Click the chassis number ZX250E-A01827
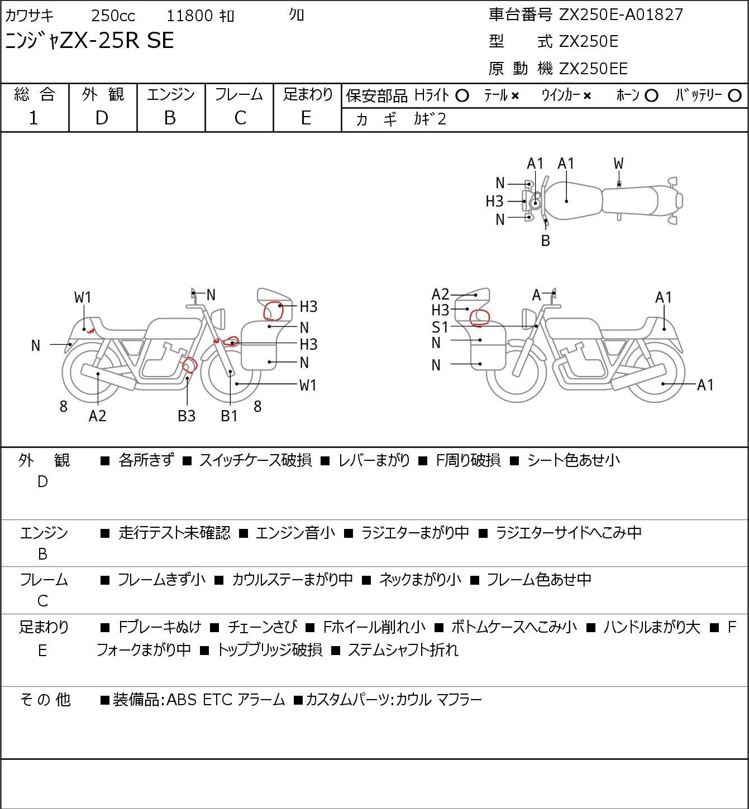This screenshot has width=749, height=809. point(621,15)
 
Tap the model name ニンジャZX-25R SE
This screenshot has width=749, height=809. point(89,41)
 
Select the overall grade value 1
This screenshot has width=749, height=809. point(34,118)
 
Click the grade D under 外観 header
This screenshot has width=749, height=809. point(102,118)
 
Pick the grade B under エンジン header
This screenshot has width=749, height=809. point(170,118)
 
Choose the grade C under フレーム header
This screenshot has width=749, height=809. point(240,118)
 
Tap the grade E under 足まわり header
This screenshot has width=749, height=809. point(306,118)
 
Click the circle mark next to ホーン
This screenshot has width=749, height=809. point(651,96)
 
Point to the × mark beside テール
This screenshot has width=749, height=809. point(515,96)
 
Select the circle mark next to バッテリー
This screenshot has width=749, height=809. point(735,96)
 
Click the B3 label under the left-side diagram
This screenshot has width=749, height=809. point(187,416)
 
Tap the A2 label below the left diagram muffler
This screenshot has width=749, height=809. point(97,416)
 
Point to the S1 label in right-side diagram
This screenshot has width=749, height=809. point(440,327)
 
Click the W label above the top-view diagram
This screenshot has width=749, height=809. point(618,163)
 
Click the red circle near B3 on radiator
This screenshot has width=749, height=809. point(190,365)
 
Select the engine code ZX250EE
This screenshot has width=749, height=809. point(593,69)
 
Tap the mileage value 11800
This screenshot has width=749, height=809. point(190,16)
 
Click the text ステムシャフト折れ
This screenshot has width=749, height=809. point(403,650)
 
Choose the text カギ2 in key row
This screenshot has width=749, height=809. point(430,119)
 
